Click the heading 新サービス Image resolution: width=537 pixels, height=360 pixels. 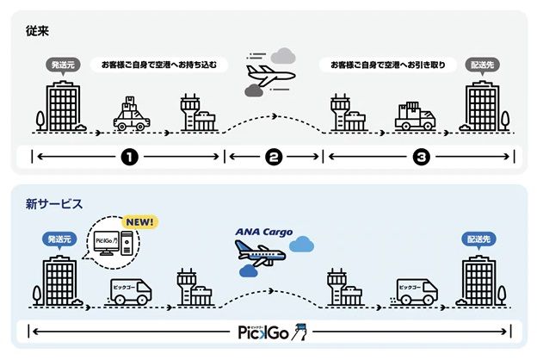[53, 204]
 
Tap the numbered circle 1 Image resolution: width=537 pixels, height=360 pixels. [129, 158]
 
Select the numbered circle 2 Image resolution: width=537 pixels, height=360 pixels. [273, 158]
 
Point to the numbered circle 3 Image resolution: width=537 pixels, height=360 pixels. [421, 158]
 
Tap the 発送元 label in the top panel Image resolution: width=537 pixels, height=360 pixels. [63, 64]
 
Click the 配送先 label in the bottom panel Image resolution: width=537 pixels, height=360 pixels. [478, 239]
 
